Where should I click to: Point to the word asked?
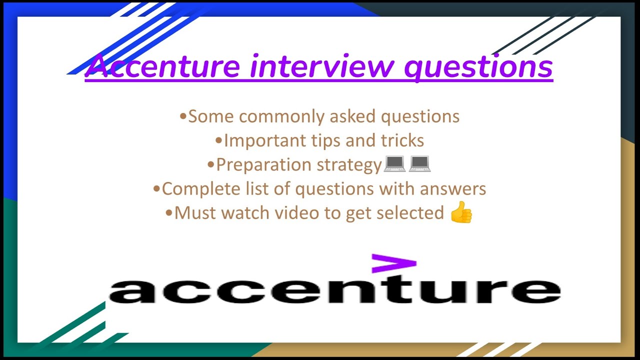click(x=353, y=116)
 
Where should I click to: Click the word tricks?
click(x=402, y=140)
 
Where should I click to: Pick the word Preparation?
click(x=262, y=165)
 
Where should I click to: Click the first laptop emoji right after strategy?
click(x=394, y=164)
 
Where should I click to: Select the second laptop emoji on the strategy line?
click(x=419, y=164)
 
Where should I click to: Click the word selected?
click(x=410, y=213)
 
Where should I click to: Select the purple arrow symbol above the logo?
click(x=393, y=263)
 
